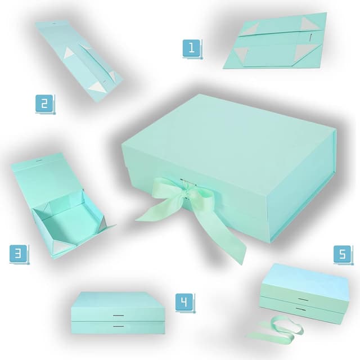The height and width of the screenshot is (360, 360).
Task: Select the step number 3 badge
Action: (x=18, y=254)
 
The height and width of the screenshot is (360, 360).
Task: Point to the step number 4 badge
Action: (x=183, y=303)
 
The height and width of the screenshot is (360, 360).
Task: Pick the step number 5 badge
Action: (x=342, y=254)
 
